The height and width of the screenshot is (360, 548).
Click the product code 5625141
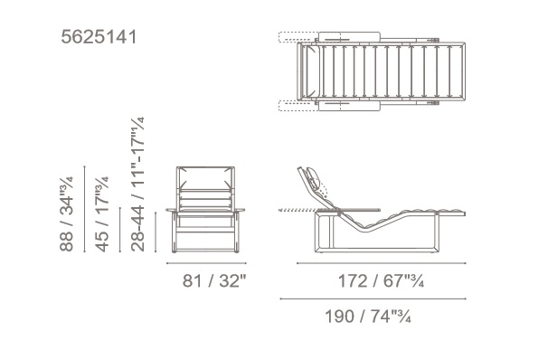(x=99, y=37)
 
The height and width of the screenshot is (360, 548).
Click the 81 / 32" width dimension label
(x=214, y=280)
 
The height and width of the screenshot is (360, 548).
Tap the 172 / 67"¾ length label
(x=381, y=280)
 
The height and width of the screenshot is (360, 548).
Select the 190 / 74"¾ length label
(x=368, y=317)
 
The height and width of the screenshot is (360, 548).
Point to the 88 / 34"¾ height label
(x=66, y=213)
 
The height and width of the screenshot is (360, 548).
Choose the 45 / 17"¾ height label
(x=102, y=214)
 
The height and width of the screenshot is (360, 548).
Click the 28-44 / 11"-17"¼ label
(x=137, y=185)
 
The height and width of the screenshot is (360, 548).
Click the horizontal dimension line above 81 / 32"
(x=206, y=263)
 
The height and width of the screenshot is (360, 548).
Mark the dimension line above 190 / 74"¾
(x=373, y=298)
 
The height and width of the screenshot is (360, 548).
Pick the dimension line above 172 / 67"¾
(x=382, y=263)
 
